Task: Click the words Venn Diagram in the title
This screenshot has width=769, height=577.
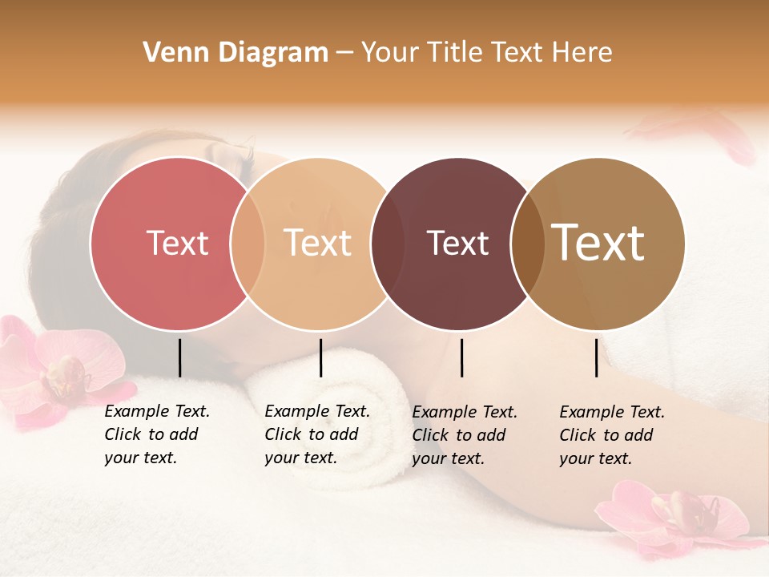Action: (236, 53)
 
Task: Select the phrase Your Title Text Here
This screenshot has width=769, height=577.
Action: (486, 53)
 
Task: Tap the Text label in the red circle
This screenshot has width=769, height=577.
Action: (177, 243)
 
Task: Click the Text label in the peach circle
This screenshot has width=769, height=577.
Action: (317, 243)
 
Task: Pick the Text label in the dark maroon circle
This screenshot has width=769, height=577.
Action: (457, 243)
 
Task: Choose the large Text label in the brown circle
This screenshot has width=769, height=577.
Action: (598, 243)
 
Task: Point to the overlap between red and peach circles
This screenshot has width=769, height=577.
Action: (248, 243)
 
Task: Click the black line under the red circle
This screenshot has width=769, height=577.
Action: (179, 357)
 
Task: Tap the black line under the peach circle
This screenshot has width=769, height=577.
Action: (320, 357)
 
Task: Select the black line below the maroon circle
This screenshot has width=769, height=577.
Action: (461, 357)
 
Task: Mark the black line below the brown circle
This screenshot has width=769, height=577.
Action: (596, 357)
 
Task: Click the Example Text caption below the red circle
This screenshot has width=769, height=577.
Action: (157, 434)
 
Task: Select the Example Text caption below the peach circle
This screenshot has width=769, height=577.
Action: (317, 434)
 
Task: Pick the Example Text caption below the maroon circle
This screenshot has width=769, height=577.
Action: (465, 435)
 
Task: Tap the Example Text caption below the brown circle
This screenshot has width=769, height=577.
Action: (612, 435)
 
